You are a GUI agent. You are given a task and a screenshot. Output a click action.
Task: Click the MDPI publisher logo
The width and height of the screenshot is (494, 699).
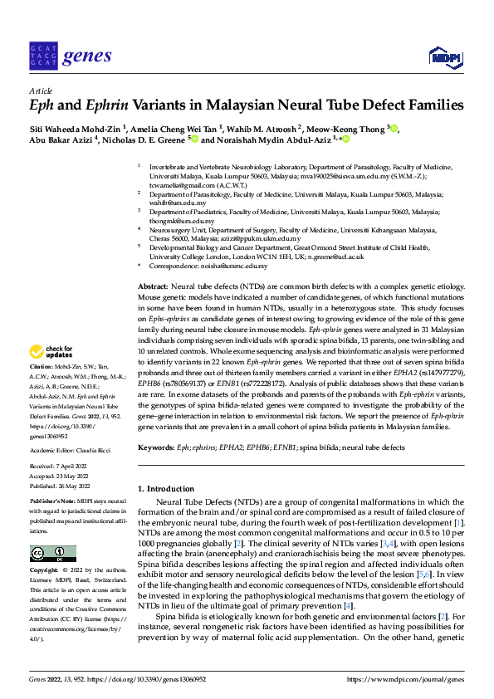click(x=444, y=56)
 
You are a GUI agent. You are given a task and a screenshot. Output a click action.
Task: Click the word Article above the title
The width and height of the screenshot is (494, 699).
click(x=41, y=90)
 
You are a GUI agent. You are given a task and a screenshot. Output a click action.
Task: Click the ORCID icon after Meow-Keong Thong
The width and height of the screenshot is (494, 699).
click(x=394, y=128)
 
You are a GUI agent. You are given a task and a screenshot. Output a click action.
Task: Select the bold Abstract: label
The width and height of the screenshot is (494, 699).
click(x=153, y=286)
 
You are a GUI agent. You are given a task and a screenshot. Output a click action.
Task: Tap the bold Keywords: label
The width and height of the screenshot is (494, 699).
click(x=157, y=447)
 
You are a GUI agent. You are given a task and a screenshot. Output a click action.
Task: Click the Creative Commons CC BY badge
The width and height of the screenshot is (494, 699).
click(x=48, y=554)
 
